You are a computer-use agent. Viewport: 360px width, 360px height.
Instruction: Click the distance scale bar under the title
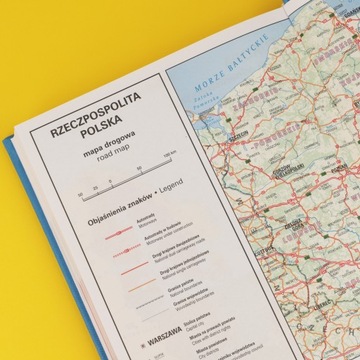click(x=100, y=193)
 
